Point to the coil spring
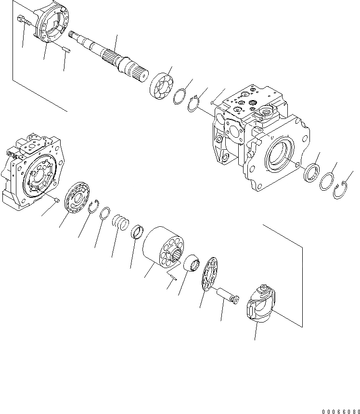point(120,223)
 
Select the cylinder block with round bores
point(163,248)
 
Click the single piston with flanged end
point(226,295)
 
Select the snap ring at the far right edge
point(340,192)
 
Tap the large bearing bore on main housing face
point(278,155)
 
